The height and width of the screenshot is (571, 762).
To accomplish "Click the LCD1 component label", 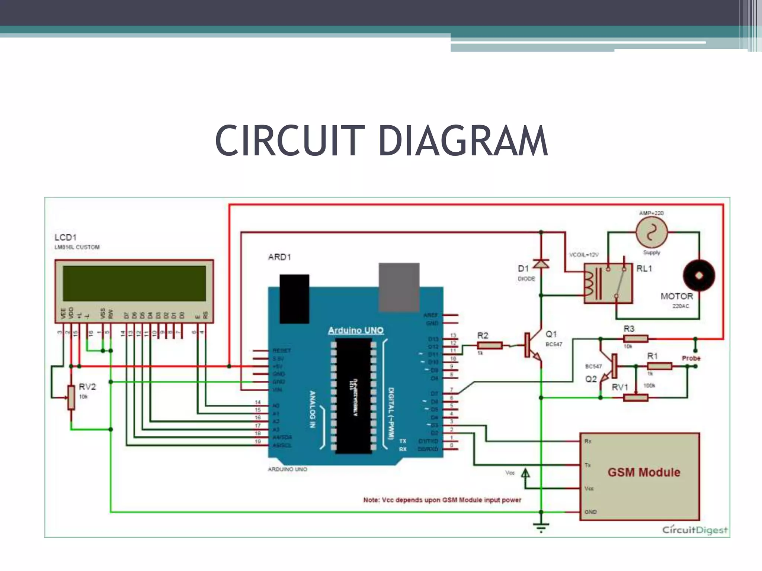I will pyautogui.click(x=65, y=237).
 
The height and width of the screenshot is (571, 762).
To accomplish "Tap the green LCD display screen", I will pyautogui.click(x=134, y=283).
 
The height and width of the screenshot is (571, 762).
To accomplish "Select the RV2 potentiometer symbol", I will pyautogui.click(x=71, y=398).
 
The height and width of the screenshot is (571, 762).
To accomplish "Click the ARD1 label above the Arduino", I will pyautogui.click(x=279, y=257).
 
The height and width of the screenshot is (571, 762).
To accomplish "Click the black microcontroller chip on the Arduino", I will pyautogui.click(x=353, y=396).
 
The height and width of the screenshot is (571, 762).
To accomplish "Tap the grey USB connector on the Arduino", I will pyautogui.click(x=399, y=287).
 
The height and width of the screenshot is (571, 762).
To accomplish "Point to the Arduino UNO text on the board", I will pyautogui.click(x=355, y=330).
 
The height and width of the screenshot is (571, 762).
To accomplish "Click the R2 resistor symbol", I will pyautogui.click(x=489, y=345).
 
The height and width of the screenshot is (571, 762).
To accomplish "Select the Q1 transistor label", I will pyautogui.click(x=551, y=334).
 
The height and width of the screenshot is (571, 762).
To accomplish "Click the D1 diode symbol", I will pyautogui.click(x=541, y=264).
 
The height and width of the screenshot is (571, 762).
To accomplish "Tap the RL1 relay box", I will pyautogui.click(x=608, y=283).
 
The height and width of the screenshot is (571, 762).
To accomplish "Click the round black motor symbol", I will pyautogui.click(x=699, y=275).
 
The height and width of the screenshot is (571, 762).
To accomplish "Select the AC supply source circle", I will pyautogui.click(x=651, y=232).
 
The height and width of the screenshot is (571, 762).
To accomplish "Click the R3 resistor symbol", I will pyautogui.click(x=635, y=339).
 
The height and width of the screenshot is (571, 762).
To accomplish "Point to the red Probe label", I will pyautogui.click(x=691, y=358).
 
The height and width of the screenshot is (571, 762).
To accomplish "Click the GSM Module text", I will pyautogui.click(x=644, y=472).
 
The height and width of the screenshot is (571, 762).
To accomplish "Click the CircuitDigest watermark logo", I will pyautogui.click(x=694, y=530).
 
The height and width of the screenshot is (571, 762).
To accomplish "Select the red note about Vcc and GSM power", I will pyautogui.click(x=442, y=500).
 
